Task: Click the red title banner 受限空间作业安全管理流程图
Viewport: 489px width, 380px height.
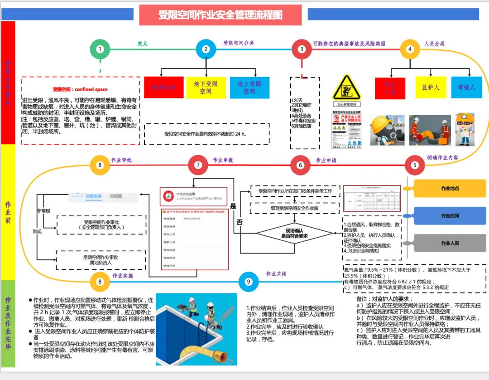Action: [220, 15]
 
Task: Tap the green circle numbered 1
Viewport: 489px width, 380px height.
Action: [100, 49]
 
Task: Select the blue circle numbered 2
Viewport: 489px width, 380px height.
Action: [206, 49]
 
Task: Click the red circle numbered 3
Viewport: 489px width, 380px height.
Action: [302, 49]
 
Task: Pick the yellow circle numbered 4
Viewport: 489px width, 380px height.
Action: [410, 49]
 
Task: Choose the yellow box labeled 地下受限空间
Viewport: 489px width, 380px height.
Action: [206, 88]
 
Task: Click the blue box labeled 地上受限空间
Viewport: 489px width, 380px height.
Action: [249, 88]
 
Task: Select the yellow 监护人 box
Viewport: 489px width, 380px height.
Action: [431, 88]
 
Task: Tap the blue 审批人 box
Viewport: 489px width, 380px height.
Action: [466, 88]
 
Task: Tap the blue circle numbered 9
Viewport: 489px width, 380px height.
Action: [248, 282]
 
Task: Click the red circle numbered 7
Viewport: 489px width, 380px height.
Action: [198, 165]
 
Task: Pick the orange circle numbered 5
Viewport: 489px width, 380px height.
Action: [415, 165]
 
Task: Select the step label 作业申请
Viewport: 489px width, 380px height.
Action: [326, 160]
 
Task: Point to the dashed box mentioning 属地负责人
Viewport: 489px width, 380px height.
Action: [101, 260]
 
